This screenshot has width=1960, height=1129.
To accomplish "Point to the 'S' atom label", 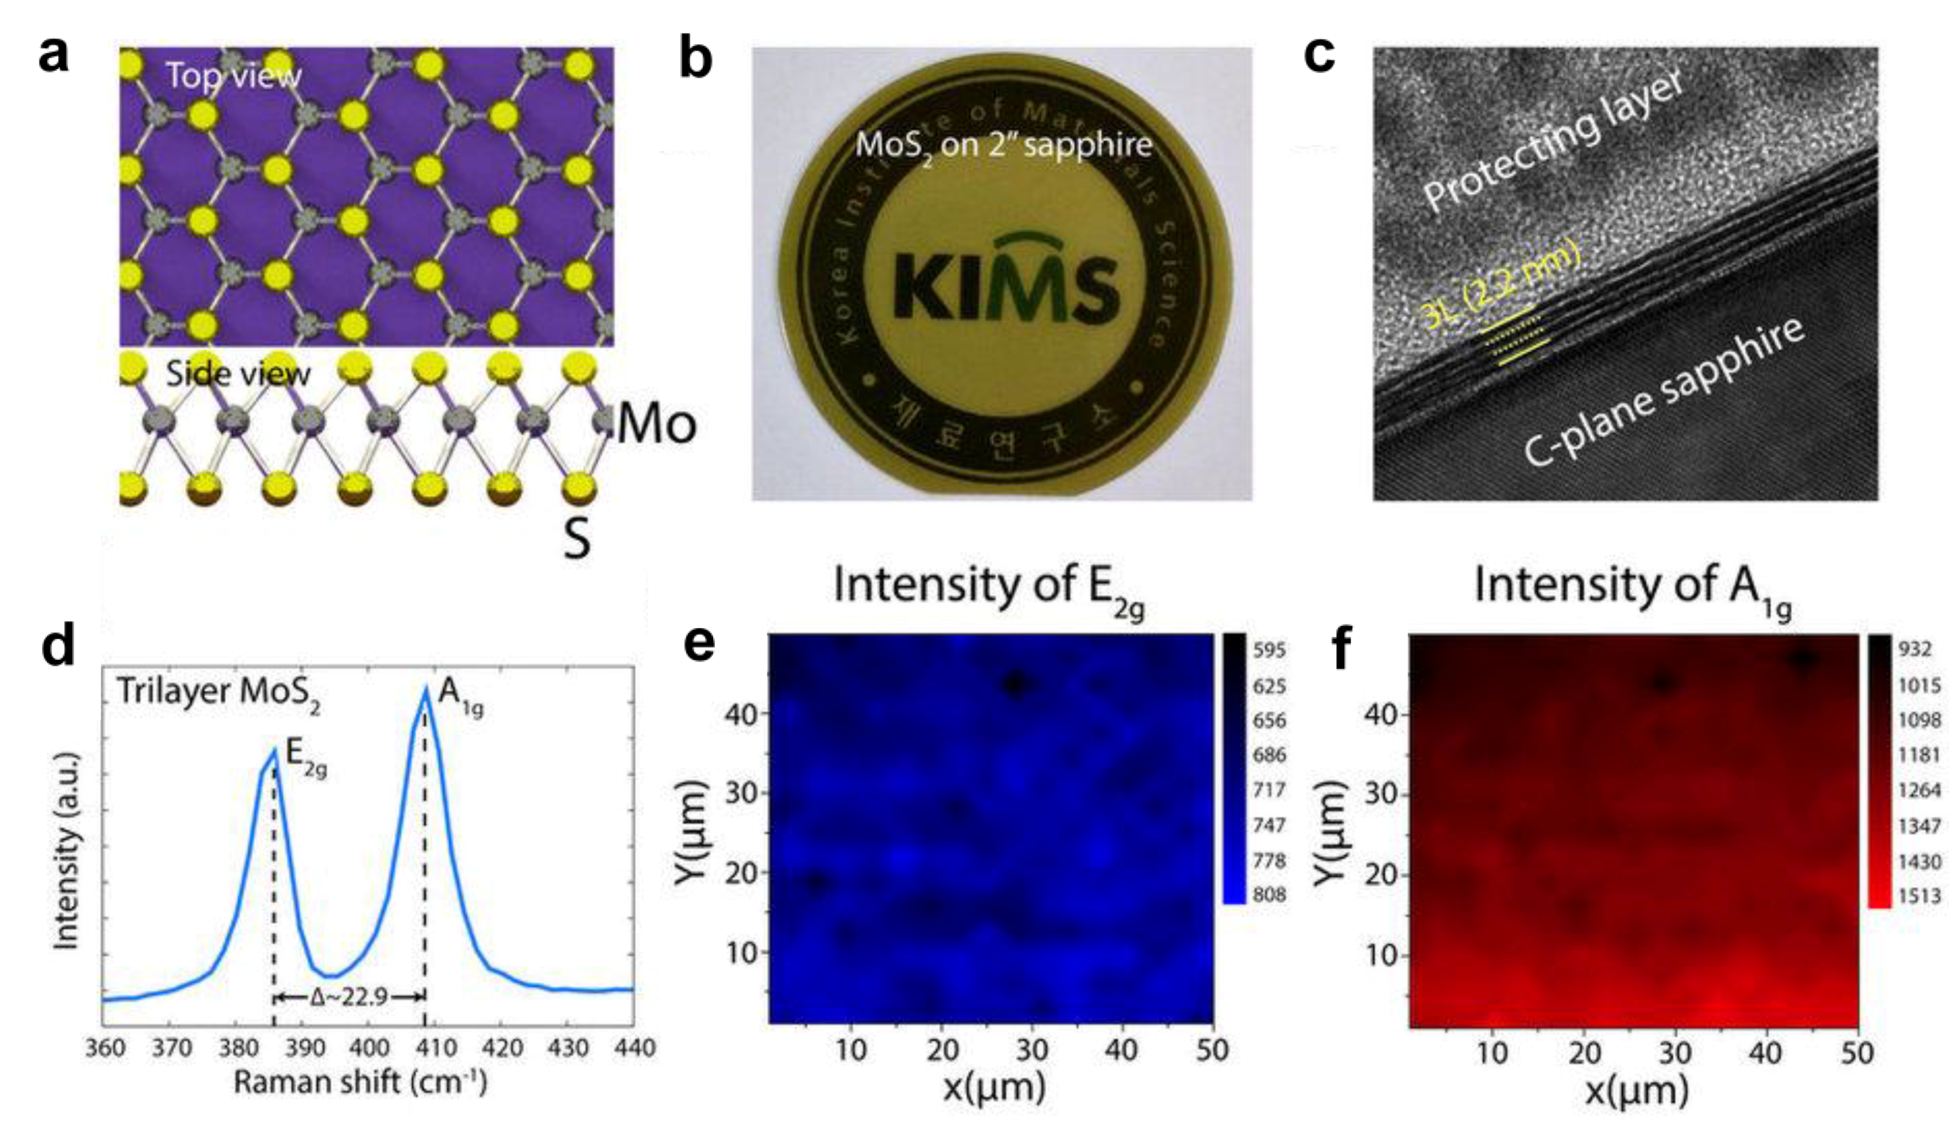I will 576,540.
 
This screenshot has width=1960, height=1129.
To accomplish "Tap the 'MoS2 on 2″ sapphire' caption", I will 1003,145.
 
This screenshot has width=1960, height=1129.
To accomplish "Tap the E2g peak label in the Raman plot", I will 306,758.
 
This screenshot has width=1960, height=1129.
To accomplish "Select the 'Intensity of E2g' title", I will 989,587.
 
